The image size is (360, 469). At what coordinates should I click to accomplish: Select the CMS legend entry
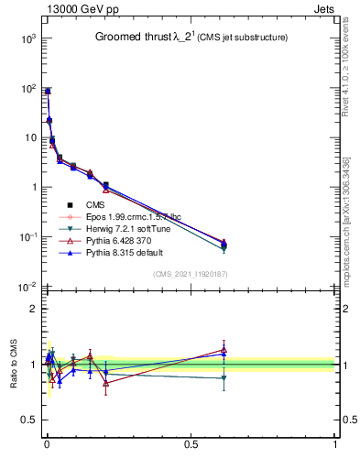pos(96,204)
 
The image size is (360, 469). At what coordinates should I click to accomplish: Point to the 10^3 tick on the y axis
pos(27,38)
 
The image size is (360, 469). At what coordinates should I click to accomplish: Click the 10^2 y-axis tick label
pos(27,89)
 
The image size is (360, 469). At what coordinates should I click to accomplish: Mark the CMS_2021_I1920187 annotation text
pos(191,275)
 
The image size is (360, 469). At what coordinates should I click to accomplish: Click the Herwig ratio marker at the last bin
pos(224,377)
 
